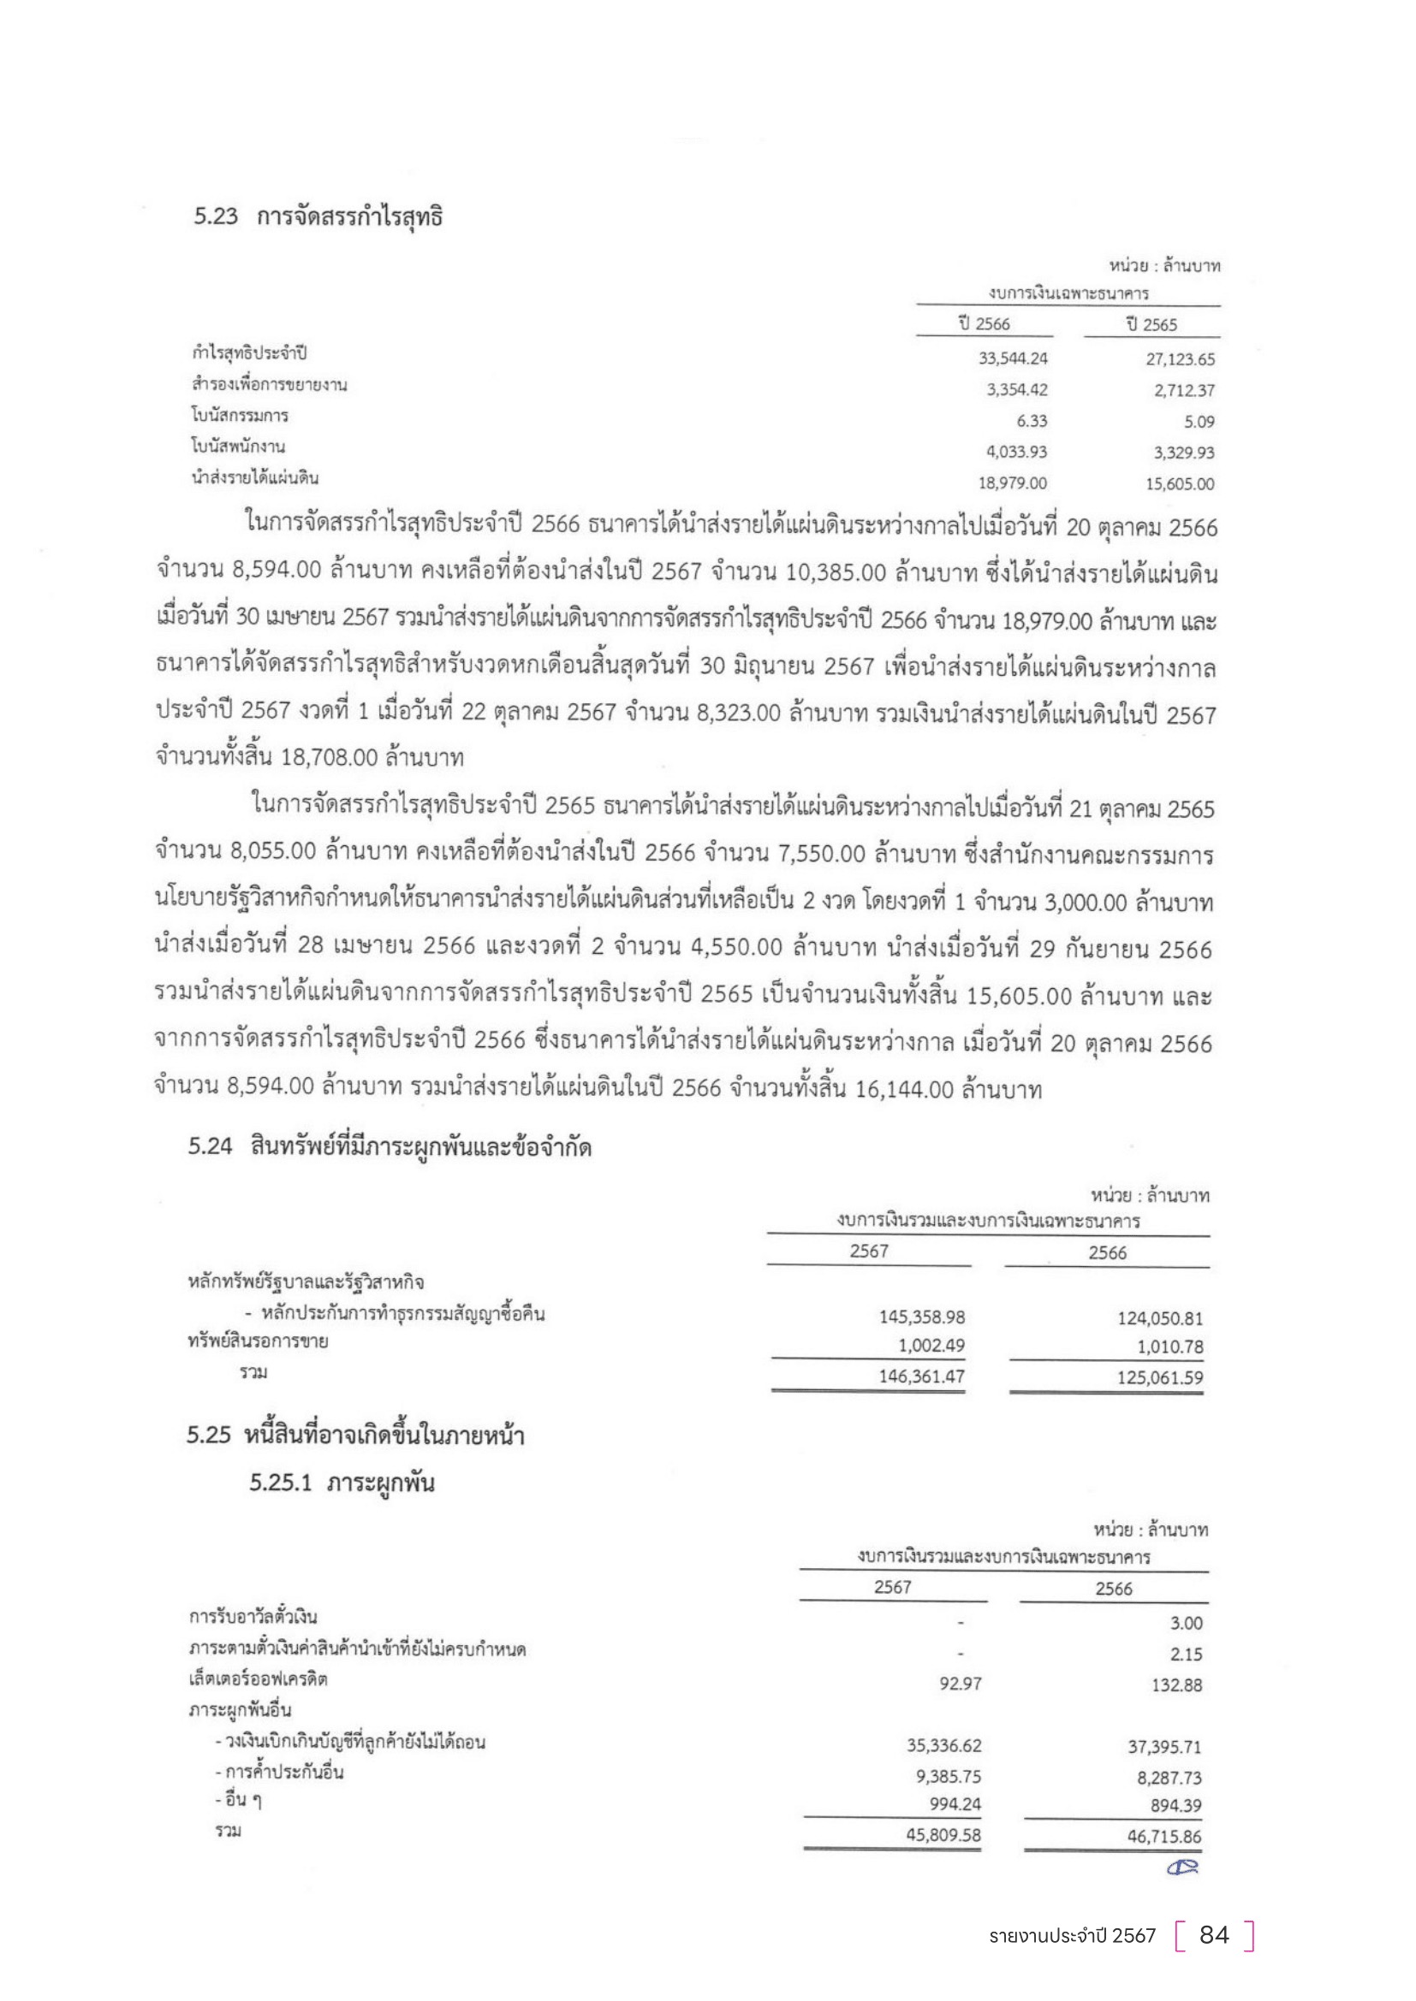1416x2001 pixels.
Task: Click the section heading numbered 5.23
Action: [318, 217]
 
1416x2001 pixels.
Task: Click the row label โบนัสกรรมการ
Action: [240, 416]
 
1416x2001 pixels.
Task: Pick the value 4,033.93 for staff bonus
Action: [1017, 453]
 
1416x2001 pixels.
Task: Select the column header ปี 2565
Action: [1151, 325]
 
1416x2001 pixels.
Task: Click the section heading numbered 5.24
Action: [390, 1147]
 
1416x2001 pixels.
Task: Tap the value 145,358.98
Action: [922, 1317]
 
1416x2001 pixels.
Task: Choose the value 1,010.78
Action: [1169, 1347]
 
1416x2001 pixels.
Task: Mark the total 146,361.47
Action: [922, 1377]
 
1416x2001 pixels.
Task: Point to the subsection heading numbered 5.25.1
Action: [341, 1483]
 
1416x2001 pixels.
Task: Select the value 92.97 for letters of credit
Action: [960, 1684]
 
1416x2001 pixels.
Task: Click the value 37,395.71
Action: [1164, 1747]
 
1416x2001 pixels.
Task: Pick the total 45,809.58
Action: [943, 1834]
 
